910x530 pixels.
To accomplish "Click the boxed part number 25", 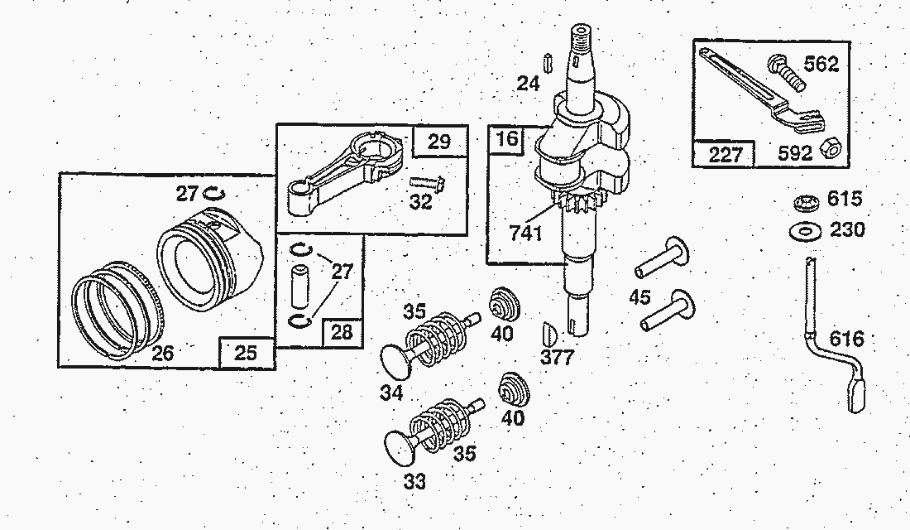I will [x=246, y=353].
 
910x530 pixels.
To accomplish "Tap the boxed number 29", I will [x=439, y=142].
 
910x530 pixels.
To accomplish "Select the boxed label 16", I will [x=507, y=138].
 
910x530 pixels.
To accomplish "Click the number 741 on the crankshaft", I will [x=525, y=233].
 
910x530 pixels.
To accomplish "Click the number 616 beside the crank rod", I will [x=846, y=339].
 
